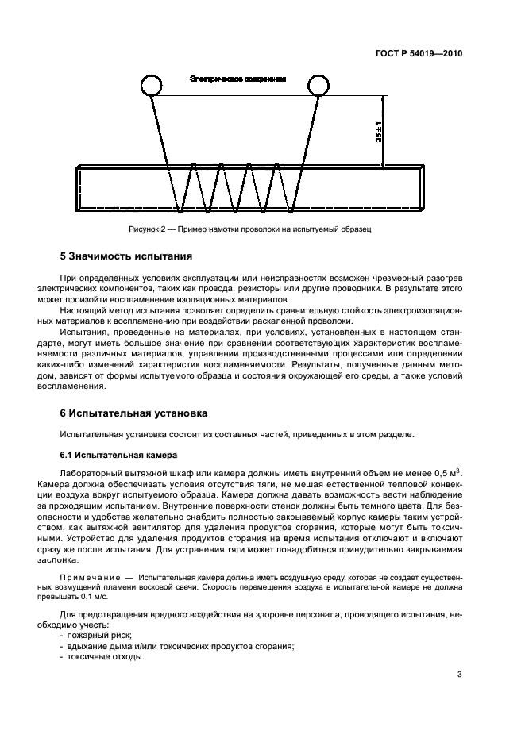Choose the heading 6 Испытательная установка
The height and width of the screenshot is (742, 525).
point(133,413)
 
